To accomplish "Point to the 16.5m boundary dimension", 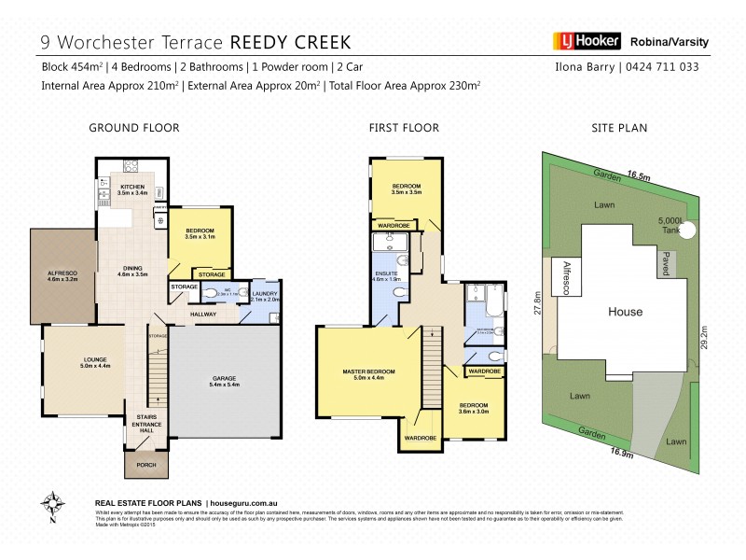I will (x=638, y=175).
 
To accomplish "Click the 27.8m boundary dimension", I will (x=536, y=305).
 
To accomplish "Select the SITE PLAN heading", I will (x=620, y=128).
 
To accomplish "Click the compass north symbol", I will (x=55, y=505).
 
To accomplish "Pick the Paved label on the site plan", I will (x=666, y=263).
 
